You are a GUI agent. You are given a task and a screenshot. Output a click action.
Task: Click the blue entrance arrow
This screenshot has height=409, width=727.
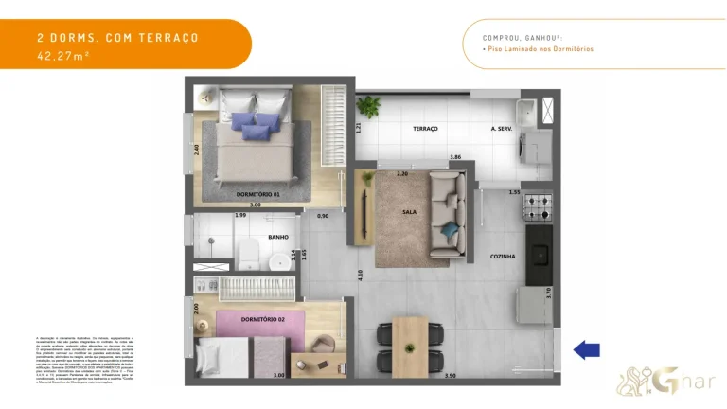coord(587,350)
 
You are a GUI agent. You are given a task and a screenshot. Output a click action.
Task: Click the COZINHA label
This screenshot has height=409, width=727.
coord(503,256)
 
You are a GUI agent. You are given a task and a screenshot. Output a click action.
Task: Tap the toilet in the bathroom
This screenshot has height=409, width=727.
coord(248,253)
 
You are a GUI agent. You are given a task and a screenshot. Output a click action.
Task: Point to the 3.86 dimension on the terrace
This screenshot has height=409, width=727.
coord(455,156)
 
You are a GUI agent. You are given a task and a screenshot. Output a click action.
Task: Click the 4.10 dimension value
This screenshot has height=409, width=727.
coord(359,275)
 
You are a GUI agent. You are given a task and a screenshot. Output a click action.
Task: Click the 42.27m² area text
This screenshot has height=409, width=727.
coord(62,56)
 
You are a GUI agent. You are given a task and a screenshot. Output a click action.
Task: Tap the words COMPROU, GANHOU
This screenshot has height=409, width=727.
coord(517,38)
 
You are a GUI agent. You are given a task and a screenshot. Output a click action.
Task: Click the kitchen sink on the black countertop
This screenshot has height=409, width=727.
coord(540,254)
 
